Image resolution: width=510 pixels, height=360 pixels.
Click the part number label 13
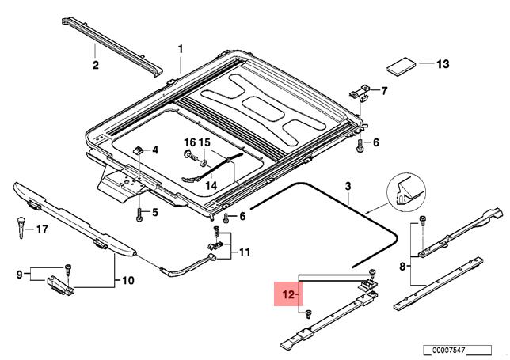pyautogui.click(x=443, y=64)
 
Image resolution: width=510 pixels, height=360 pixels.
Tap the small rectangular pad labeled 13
pyautogui.click(x=401, y=67)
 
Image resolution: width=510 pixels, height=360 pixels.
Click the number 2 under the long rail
pyautogui.click(x=95, y=65)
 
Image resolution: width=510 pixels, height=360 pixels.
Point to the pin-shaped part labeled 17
pyautogui.click(x=21, y=227)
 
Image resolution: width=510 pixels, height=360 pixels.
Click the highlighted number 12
pyautogui.click(x=288, y=294)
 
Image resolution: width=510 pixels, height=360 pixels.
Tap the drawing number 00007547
pyautogui.click(x=448, y=351)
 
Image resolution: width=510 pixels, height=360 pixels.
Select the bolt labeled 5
pyautogui.click(x=139, y=214)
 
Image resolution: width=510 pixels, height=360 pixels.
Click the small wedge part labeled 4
pyautogui.click(x=138, y=150)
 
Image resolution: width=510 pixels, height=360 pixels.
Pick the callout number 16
pyautogui.click(x=190, y=142)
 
